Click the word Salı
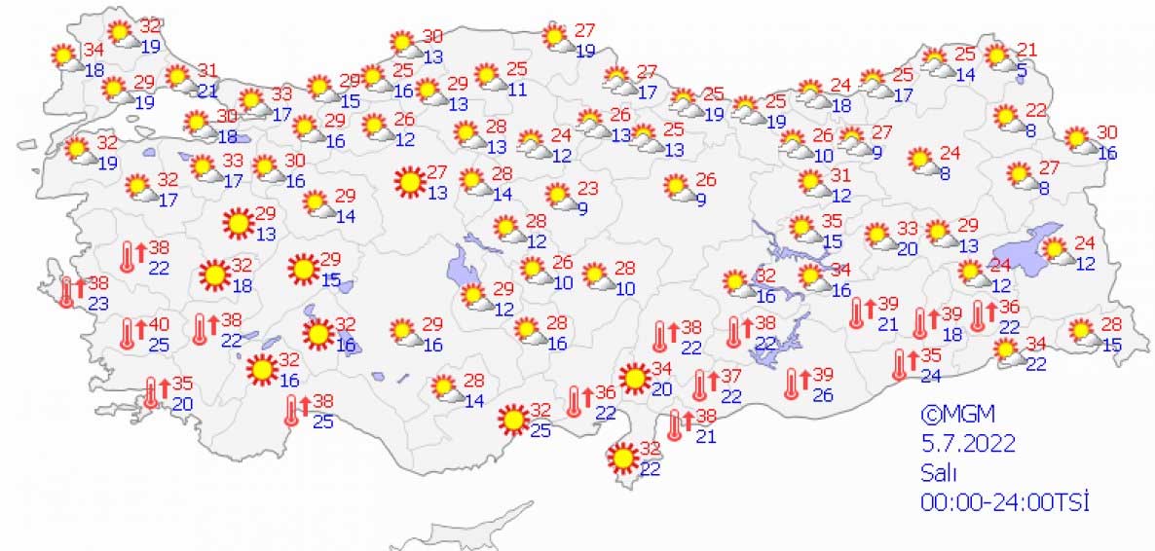click(x=939, y=473)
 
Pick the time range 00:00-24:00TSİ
click(x=1004, y=502)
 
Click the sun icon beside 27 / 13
click(x=410, y=181)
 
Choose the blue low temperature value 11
click(x=517, y=89)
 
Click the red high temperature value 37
click(x=732, y=377)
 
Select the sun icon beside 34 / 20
click(x=635, y=378)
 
